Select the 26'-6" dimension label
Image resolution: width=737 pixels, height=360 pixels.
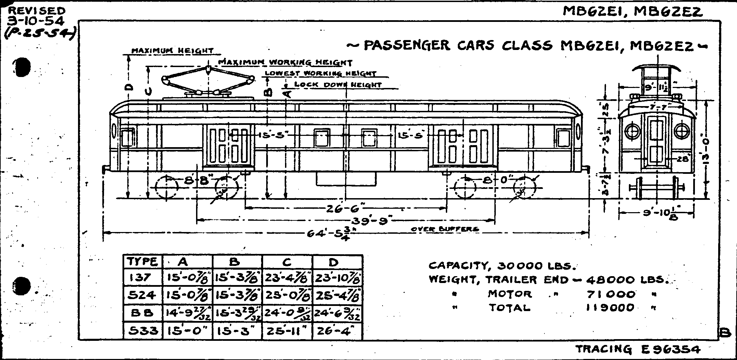[344, 208]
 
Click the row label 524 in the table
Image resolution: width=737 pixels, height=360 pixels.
[142, 295]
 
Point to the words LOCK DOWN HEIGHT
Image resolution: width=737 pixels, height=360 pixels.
[338, 85]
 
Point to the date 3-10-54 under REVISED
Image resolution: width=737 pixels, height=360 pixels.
[36, 21]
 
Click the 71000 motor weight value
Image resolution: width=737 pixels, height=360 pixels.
[611, 294]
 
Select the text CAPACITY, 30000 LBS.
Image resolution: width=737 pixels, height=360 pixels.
[503, 266]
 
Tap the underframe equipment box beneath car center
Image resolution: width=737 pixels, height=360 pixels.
[346, 179]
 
